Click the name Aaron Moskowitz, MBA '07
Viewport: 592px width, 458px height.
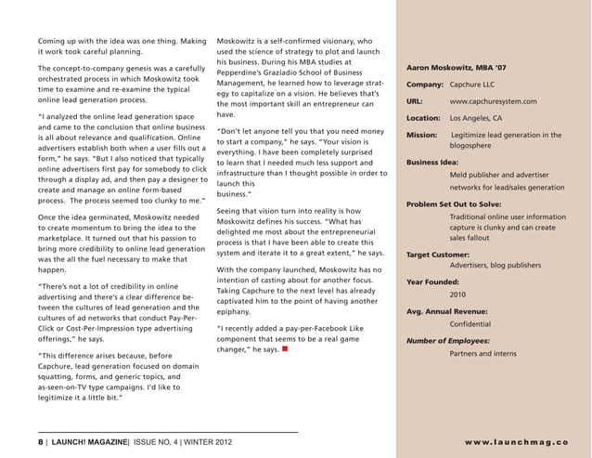point(457,67)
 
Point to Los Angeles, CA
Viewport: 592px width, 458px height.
point(475,118)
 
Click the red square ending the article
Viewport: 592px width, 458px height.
point(284,350)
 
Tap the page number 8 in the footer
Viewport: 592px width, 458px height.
point(41,441)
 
